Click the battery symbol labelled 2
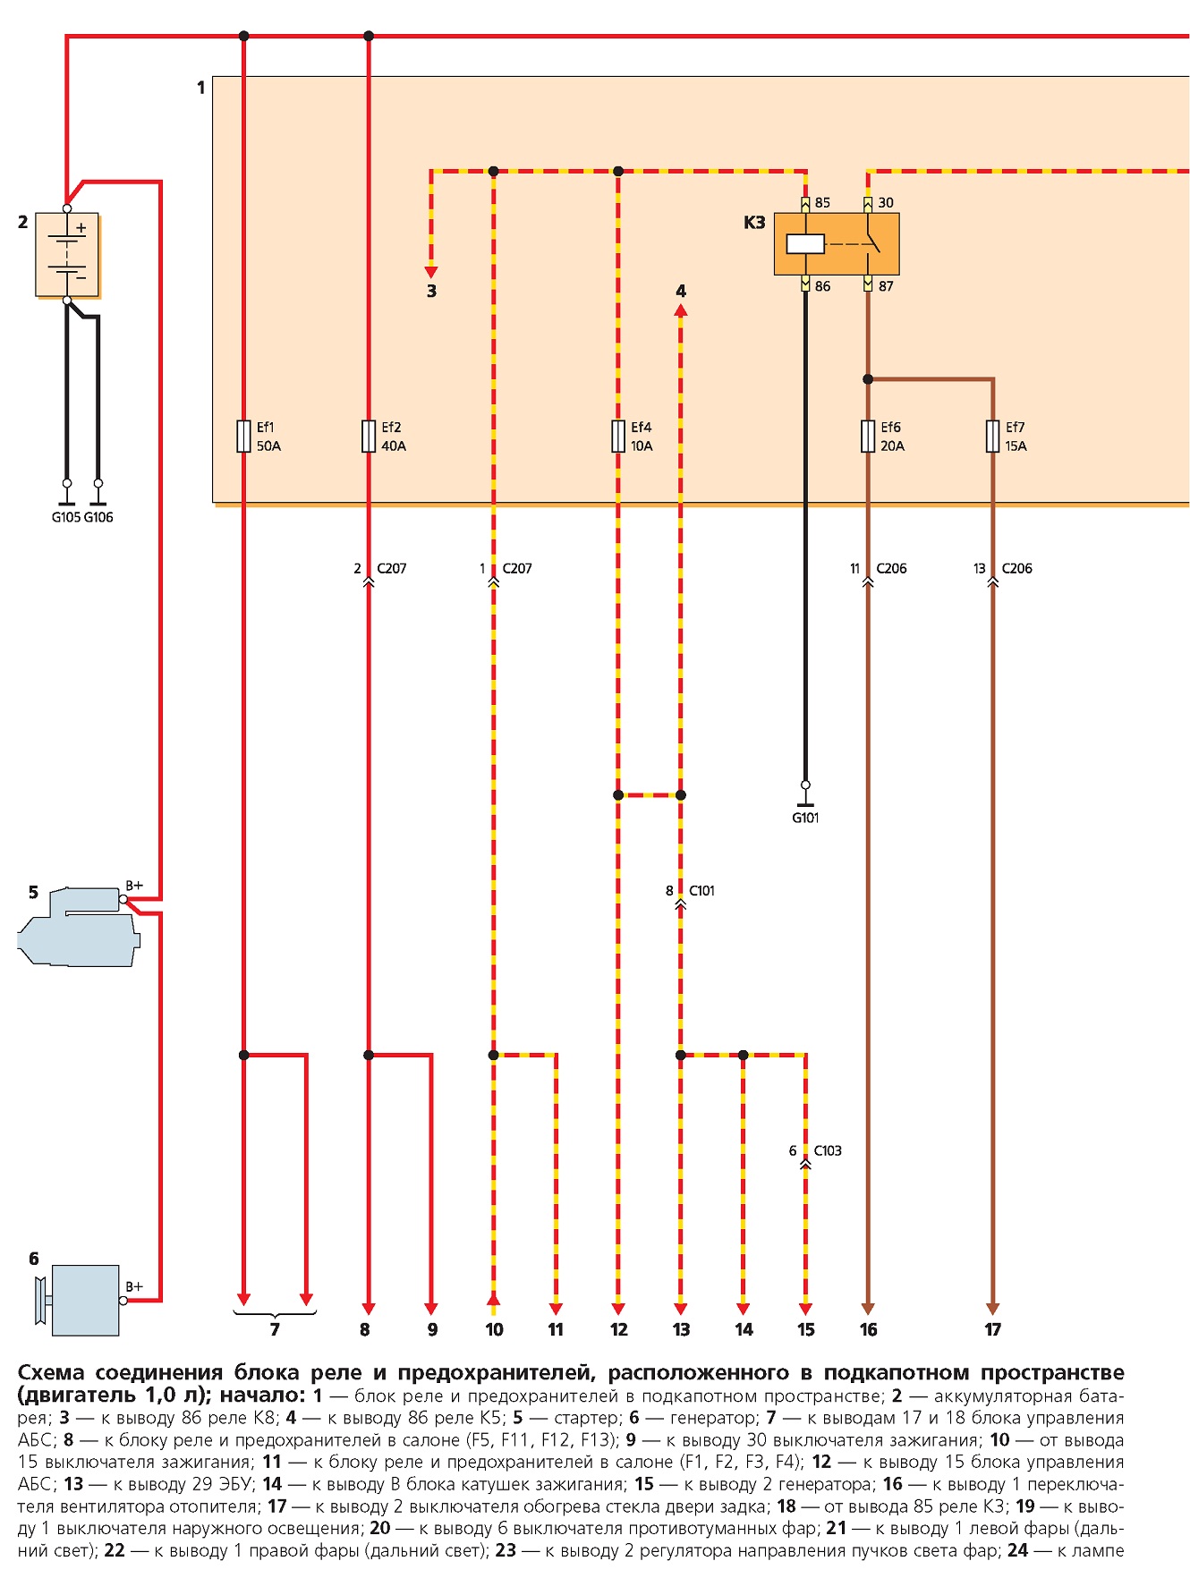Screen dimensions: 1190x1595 (x=67, y=254)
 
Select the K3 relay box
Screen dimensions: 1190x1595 (x=837, y=243)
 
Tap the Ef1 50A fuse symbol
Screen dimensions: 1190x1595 (x=243, y=437)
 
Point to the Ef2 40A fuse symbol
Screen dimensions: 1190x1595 (x=369, y=437)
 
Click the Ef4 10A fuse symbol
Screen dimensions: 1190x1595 (x=618, y=437)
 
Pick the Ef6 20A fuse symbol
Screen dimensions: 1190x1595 (x=868, y=437)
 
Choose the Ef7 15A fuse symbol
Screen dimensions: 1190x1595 (x=992, y=437)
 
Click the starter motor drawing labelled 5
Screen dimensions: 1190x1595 (x=79, y=927)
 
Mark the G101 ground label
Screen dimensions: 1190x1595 (x=805, y=818)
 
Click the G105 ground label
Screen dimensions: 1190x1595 (x=66, y=517)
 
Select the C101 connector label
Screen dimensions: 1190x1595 (x=702, y=891)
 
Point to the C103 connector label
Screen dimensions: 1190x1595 (x=828, y=1151)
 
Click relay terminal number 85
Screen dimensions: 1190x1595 (x=822, y=203)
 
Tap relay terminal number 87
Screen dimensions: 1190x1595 (x=886, y=286)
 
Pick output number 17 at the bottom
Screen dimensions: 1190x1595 (x=993, y=1330)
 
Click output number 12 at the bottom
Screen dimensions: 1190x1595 (x=619, y=1330)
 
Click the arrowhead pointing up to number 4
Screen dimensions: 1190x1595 (x=681, y=310)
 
